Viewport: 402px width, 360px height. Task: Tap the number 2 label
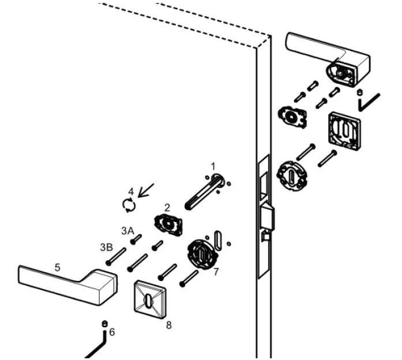(167, 207)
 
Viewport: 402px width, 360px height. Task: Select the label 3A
(127, 230)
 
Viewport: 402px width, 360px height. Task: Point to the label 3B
(106, 247)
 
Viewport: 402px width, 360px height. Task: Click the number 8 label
(168, 325)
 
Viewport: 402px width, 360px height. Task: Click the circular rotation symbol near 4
(130, 204)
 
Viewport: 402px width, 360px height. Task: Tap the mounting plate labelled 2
(168, 224)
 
